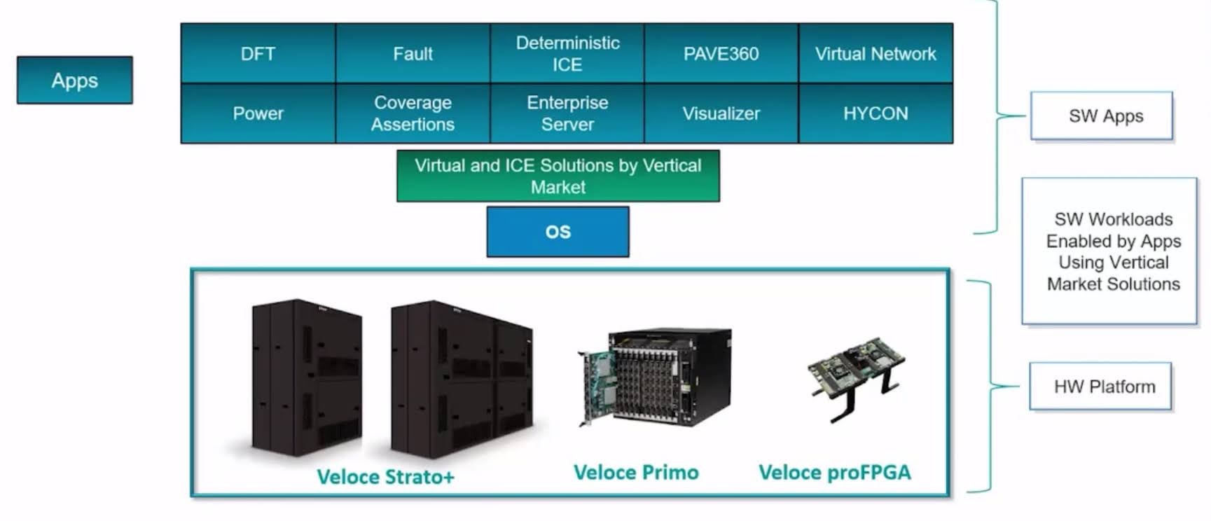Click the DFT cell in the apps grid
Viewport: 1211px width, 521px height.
point(258,54)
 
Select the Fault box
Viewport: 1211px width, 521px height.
point(413,54)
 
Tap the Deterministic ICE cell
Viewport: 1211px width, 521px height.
point(567,54)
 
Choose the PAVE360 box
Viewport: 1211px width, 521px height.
point(721,54)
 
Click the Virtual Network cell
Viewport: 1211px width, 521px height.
point(876,54)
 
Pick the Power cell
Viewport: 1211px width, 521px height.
point(258,113)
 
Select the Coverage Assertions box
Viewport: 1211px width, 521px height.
point(413,113)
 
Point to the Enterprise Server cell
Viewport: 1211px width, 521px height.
point(567,113)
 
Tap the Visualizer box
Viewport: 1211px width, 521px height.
point(721,113)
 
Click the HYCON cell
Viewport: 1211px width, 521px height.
point(876,113)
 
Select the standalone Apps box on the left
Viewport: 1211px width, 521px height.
point(75,81)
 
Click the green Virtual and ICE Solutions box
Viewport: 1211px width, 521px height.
point(558,176)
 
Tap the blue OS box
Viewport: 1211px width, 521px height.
point(558,232)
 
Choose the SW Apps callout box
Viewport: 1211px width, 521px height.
point(1102,116)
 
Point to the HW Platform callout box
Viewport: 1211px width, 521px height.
point(1100,387)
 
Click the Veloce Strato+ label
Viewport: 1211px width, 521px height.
point(386,477)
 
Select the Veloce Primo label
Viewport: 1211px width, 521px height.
point(636,473)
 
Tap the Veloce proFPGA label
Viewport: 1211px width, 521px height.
point(835,473)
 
